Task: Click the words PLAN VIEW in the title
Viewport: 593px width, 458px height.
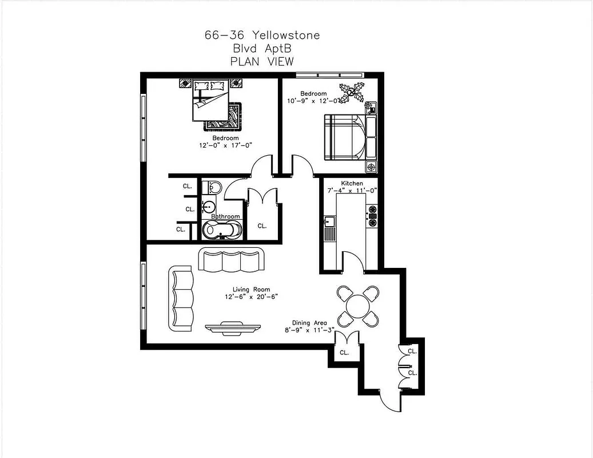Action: (262, 62)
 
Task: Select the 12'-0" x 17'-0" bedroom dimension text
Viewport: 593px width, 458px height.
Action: (225, 145)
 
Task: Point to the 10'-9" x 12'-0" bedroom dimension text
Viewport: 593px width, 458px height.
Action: (315, 101)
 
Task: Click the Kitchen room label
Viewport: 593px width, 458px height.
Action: (352, 183)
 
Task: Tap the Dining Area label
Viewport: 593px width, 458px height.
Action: (309, 323)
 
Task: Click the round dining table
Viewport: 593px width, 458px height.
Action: (359, 306)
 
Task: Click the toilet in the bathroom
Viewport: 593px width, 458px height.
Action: (213, 187)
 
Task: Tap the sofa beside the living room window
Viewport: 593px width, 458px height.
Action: (182, 298)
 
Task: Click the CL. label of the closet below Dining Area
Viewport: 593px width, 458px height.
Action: (344, 353)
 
